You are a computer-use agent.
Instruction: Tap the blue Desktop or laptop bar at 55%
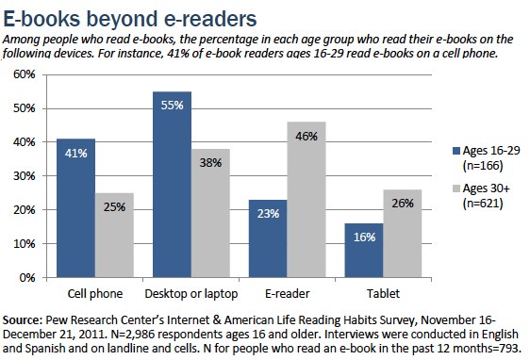point(172,185)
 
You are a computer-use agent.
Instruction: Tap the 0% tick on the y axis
point(26,278)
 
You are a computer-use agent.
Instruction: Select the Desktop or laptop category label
point(190,293)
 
